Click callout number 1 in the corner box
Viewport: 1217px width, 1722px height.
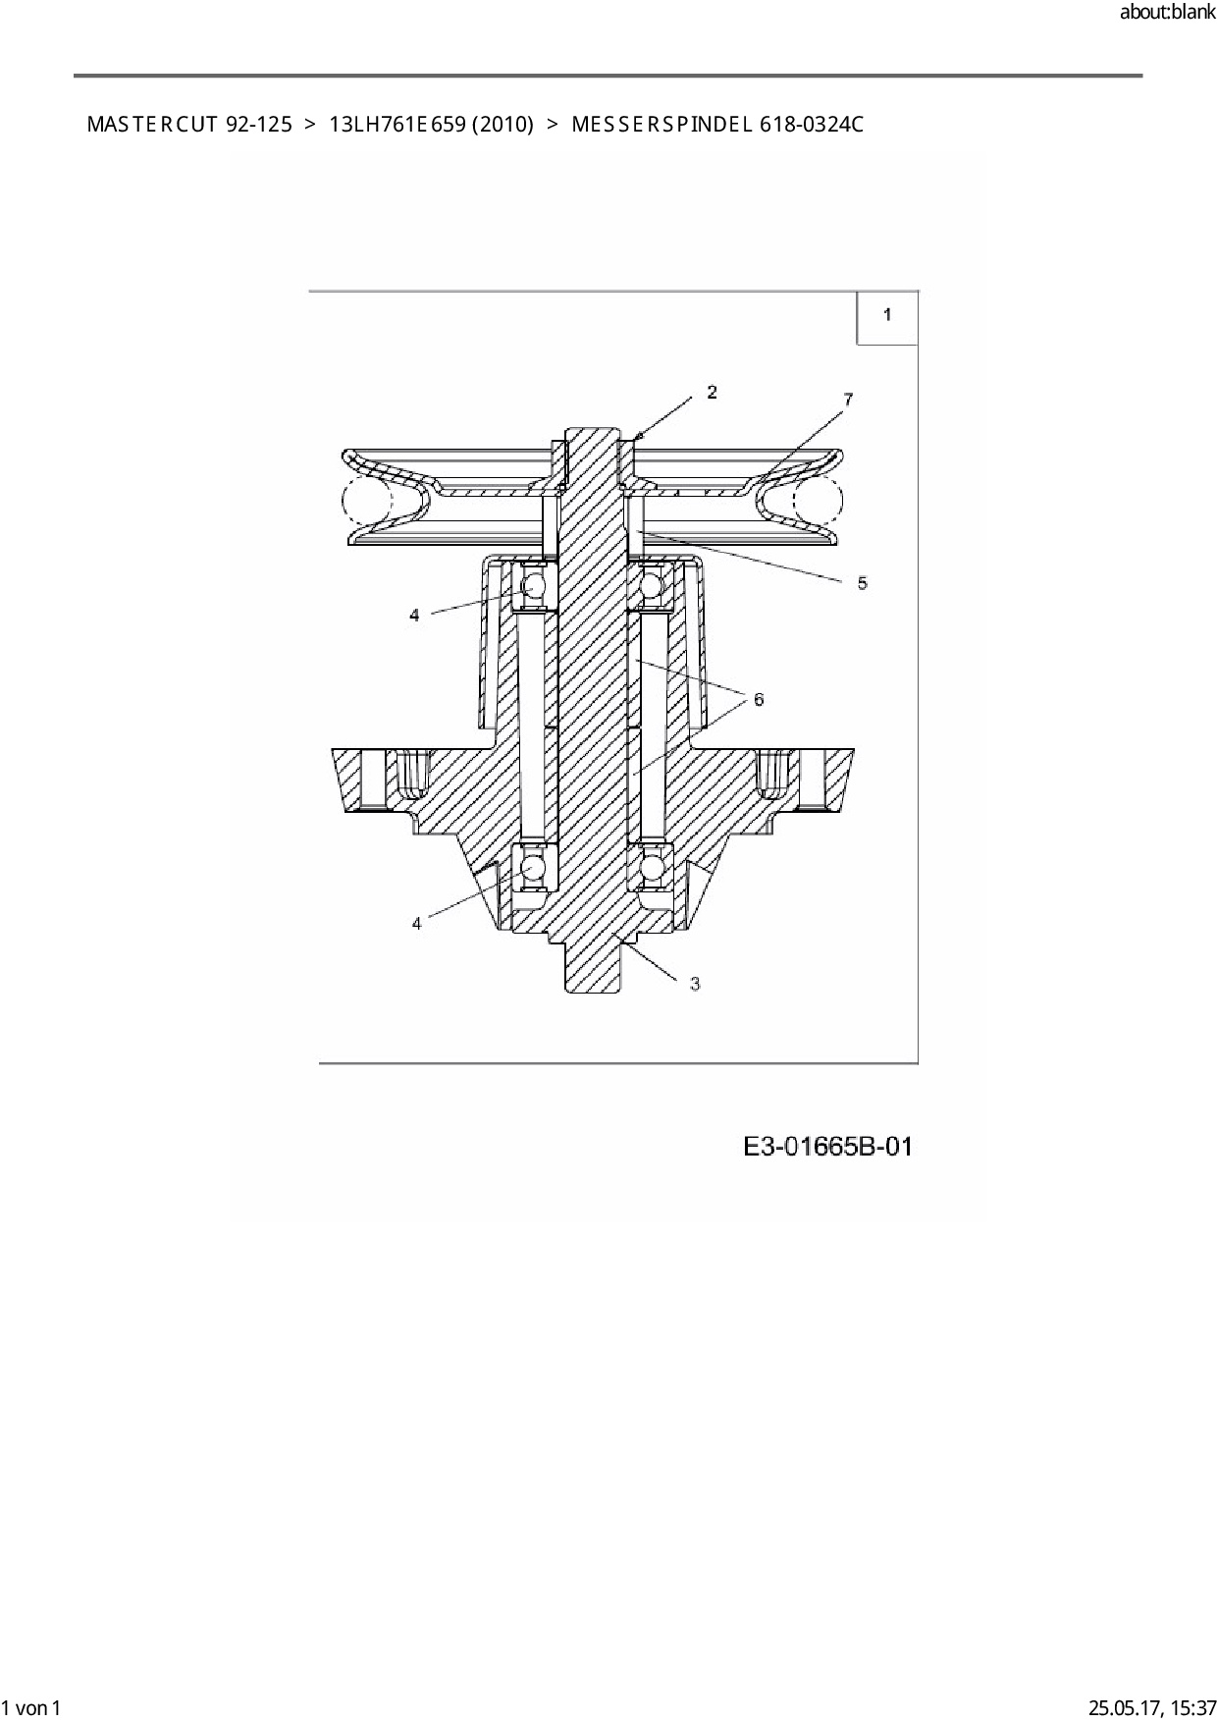click(887, 314)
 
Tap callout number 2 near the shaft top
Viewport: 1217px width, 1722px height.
click(712, 392)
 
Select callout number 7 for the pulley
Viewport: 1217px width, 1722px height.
click(848, 399)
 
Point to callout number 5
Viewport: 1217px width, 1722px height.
click(862, 583)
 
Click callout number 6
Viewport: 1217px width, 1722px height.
click(759, 699)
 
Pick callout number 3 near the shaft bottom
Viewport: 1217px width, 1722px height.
click(695, 983)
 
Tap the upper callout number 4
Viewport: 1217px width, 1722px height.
click(414, 615)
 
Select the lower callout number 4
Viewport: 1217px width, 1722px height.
click(416, 923)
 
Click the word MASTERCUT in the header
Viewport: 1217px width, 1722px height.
click(152, 125)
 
